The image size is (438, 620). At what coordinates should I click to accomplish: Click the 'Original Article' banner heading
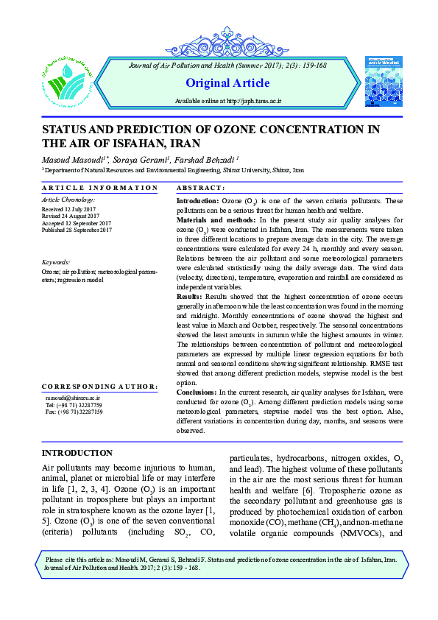(x=218, y=82)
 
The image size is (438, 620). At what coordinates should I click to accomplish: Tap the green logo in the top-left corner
(x=67, y=74)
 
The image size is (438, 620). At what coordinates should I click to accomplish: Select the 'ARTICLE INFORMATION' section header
(x=99, y=189)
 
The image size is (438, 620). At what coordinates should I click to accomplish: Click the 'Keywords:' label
(x=56, y=262)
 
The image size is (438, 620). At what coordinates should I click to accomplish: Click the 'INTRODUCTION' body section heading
(x=77, y=453)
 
